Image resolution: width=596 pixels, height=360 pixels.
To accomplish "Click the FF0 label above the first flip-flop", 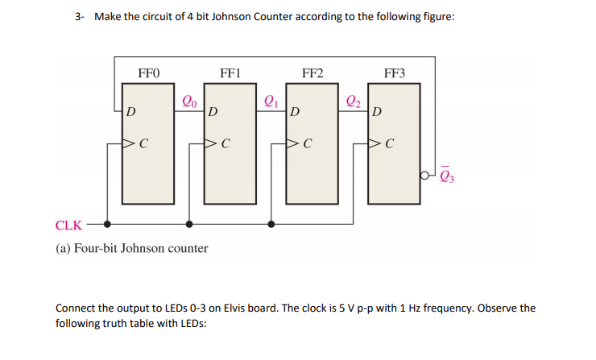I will [149, 73].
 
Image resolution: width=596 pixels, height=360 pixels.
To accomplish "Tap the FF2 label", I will [312, 73].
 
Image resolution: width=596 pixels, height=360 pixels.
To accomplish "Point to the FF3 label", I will [395, 73].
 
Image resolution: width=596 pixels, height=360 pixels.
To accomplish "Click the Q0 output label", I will [189, 101].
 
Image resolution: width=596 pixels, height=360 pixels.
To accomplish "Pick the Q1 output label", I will [271, 101].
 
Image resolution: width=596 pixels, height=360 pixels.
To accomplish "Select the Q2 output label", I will [353, 101].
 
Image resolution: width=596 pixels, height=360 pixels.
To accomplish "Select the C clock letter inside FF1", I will [226, 145].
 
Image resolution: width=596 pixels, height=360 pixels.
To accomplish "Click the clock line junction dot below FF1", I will [189, 225].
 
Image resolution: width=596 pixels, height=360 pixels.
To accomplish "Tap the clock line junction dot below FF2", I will [271, 225].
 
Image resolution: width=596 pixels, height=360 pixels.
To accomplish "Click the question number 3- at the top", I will [79, 17].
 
